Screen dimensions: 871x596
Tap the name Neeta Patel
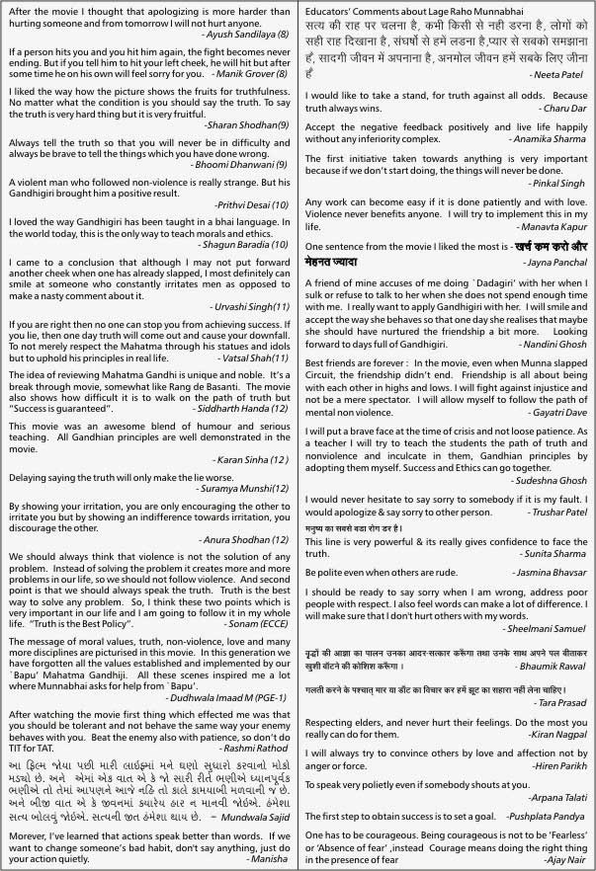[558, 74]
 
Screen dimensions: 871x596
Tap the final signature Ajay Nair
[564, 862]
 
